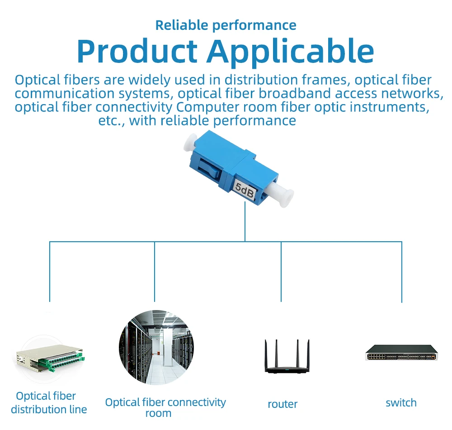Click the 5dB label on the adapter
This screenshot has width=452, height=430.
[245, 189]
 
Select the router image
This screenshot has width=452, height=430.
[287, 356]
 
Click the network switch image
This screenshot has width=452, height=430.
[401, 353]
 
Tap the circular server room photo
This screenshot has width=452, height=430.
[156, 348]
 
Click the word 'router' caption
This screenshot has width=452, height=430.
[282, 404]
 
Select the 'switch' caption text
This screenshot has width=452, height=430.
[401, 402]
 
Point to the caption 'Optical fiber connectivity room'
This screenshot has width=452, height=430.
[165, 407]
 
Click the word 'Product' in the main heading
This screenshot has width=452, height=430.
[137, 51]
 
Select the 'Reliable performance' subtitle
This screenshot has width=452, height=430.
[226, 25]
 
